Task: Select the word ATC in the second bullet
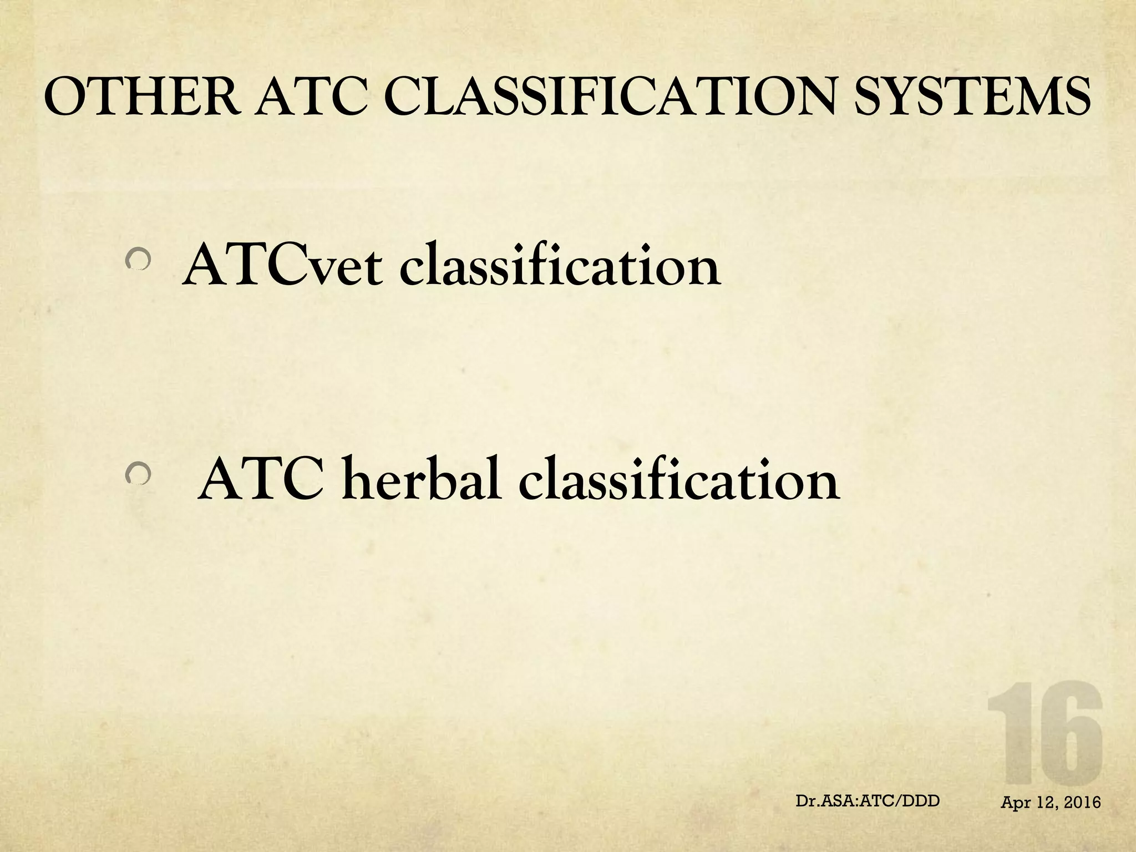coord(261,480)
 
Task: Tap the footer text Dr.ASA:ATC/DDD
coord(868,800)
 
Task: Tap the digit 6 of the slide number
coord(1068,734)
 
